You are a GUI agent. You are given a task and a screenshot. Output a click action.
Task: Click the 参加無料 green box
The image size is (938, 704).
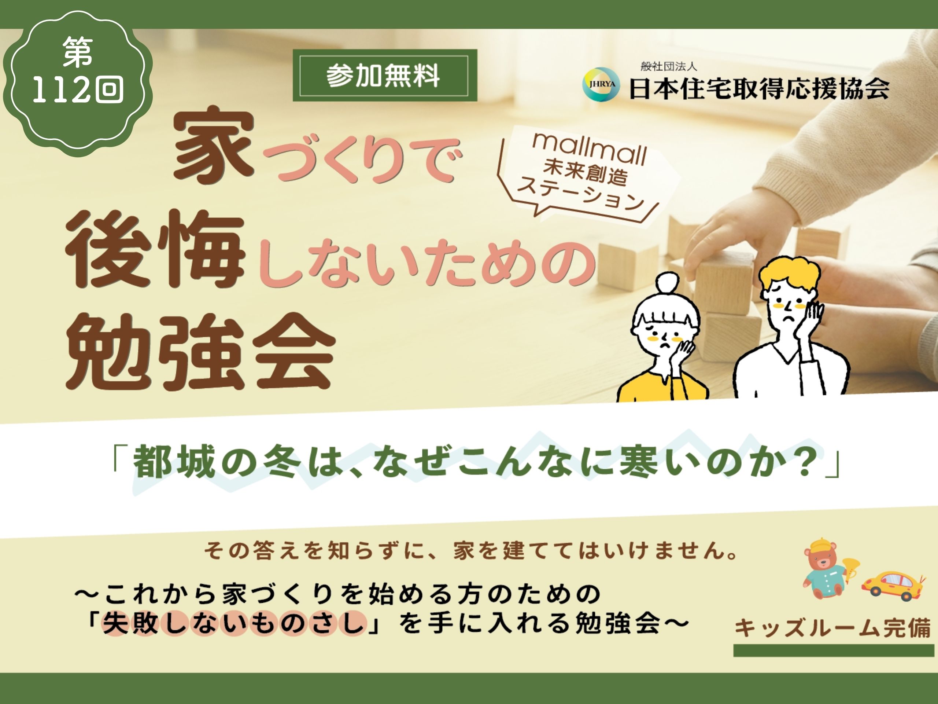385,76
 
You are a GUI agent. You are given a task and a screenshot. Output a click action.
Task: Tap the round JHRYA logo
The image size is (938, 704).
601,84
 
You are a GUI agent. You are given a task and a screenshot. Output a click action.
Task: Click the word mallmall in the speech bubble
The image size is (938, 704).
590,149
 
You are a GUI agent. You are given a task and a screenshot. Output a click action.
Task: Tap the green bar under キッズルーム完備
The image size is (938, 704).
834,650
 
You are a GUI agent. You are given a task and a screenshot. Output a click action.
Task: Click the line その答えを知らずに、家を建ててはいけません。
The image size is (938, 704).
471,550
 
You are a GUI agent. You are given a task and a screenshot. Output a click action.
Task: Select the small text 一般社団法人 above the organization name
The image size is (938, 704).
669,66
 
